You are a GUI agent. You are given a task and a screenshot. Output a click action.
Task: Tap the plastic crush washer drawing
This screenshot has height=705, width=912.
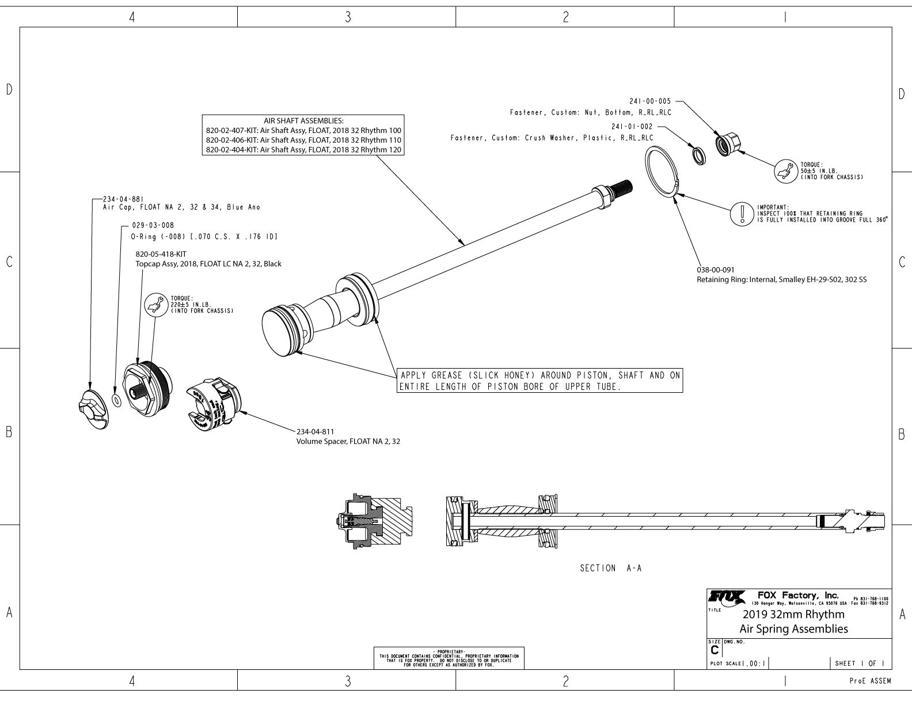point(698,155)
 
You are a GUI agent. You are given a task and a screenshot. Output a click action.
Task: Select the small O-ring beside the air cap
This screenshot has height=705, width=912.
point(117,400)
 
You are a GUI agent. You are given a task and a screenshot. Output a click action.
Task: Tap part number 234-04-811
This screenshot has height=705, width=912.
point(315,431)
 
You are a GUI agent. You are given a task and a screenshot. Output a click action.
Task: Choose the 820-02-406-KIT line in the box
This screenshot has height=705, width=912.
point(303,140)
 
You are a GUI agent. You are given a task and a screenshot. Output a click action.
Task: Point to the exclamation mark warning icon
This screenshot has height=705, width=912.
point(743,214)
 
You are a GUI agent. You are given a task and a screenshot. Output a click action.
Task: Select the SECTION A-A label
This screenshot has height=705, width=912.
point(610,568)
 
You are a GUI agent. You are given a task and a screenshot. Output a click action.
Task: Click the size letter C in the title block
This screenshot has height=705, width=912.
point(715,650)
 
